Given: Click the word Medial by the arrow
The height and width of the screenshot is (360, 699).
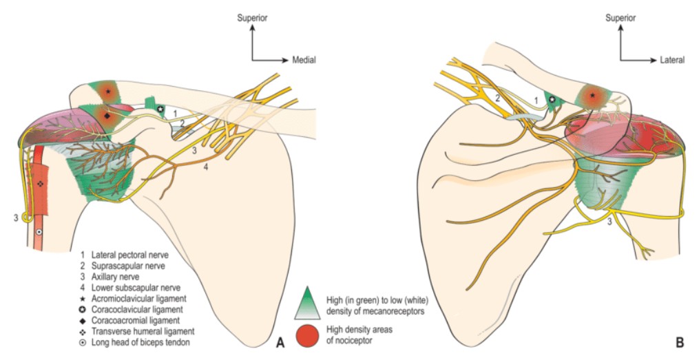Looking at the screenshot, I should [x=304, y=60].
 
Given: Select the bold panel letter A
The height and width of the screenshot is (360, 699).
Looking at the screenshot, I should [x=280, y=341].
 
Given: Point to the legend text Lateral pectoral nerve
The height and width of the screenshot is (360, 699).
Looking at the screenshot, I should [x=129, y=255].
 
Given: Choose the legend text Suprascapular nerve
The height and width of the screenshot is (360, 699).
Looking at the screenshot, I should [x=125, y=266].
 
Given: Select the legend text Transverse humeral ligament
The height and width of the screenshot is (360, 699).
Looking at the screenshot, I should [x=138, y=331].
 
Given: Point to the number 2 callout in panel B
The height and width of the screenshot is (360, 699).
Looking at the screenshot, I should [x=496, y=98].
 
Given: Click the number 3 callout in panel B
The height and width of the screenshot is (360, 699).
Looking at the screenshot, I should [x=609, y=221].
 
